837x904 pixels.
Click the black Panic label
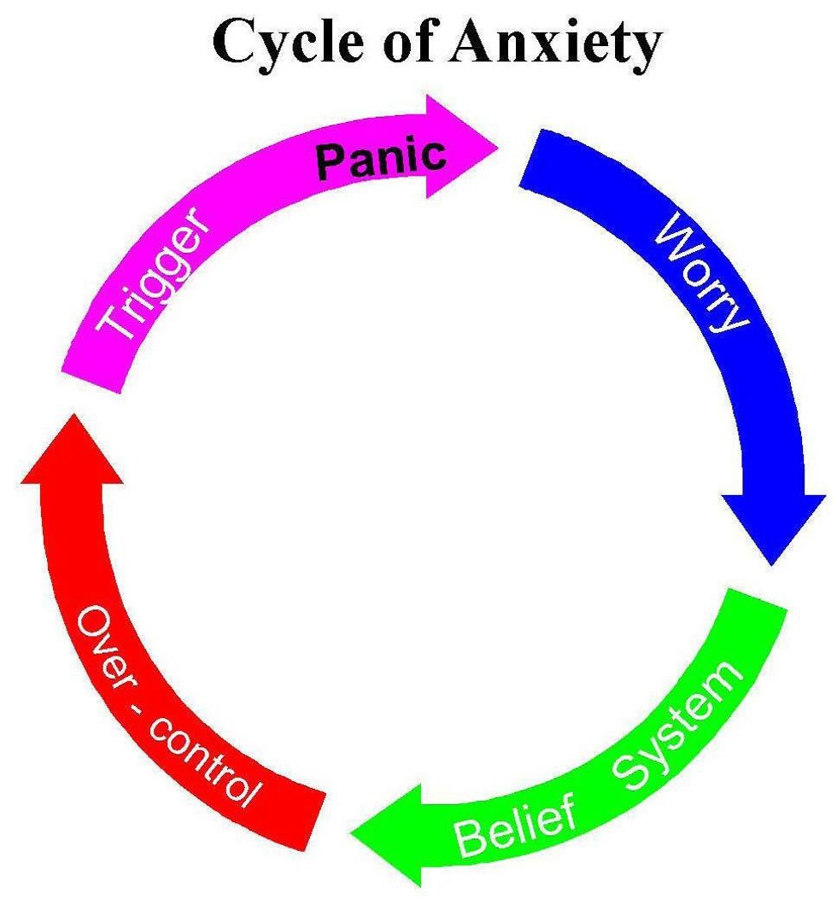[381, 158]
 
